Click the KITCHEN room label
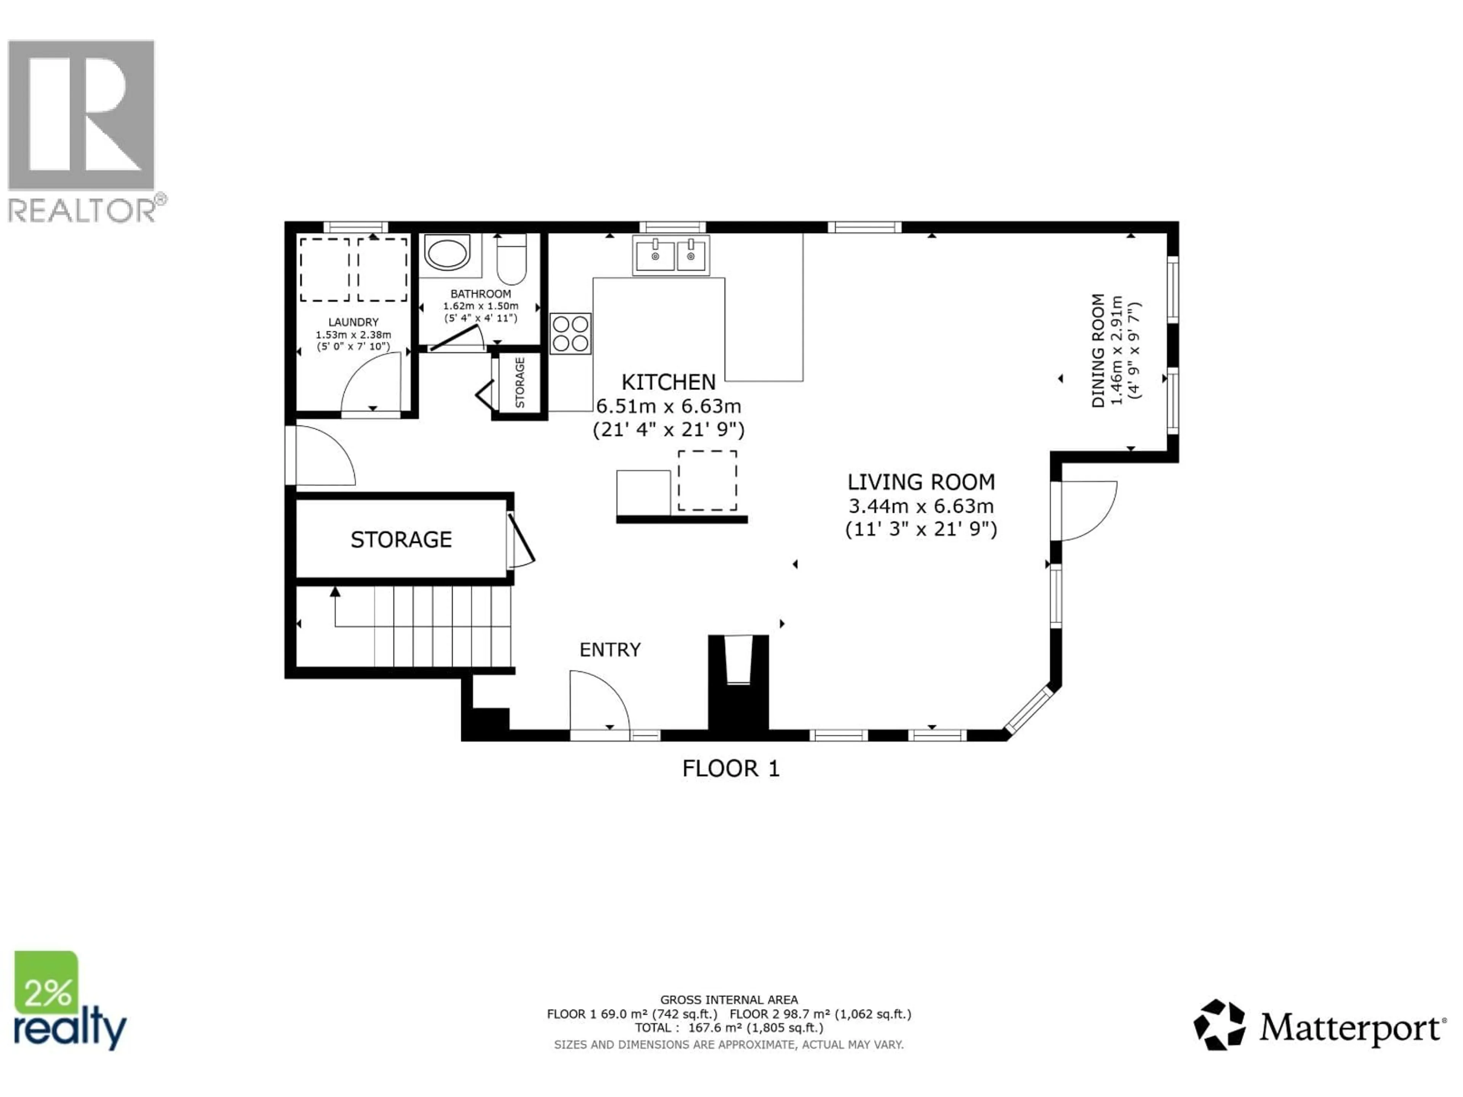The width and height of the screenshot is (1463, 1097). [x=668, y=382]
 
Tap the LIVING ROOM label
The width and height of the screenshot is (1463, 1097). [x=920, y=482]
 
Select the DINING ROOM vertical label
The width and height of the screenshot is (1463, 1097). [x=1098, y=350]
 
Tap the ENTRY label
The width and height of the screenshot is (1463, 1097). [x=610, y=650]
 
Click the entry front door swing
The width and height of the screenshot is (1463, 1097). [x=599, y=701]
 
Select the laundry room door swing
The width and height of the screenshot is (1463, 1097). [x=372, y=384]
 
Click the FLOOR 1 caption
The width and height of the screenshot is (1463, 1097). [x=731, y=768]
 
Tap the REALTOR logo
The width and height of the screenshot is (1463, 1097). [x=83, y=132]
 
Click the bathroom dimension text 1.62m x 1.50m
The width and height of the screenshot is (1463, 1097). [x=481, y=306]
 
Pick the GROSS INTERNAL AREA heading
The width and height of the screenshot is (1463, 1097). [x=729, y=1000]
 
